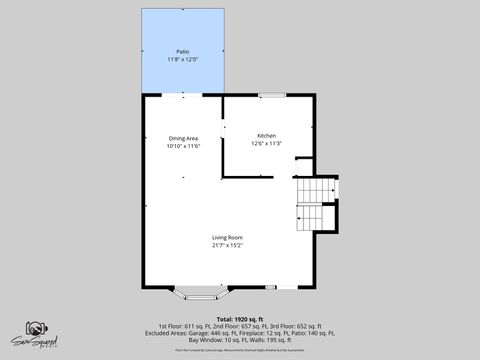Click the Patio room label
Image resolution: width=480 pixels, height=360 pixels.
tap(183, 51)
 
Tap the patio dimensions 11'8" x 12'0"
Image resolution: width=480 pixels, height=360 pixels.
tap(183, 59)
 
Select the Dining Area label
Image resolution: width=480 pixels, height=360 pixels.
tap(183, 138)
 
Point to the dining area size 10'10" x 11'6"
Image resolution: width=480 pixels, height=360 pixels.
tap(183, 146)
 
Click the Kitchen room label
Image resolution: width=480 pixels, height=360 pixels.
tap(266, 135)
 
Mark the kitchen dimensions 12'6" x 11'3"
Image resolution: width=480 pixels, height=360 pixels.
tap(266, 143)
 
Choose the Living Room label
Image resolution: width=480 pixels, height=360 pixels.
tap(227, 237)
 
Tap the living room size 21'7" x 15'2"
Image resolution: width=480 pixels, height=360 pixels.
tap(227, 245)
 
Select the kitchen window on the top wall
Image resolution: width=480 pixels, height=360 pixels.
tap(269, 94)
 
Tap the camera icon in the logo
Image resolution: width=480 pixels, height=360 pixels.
tap(36, 329)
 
